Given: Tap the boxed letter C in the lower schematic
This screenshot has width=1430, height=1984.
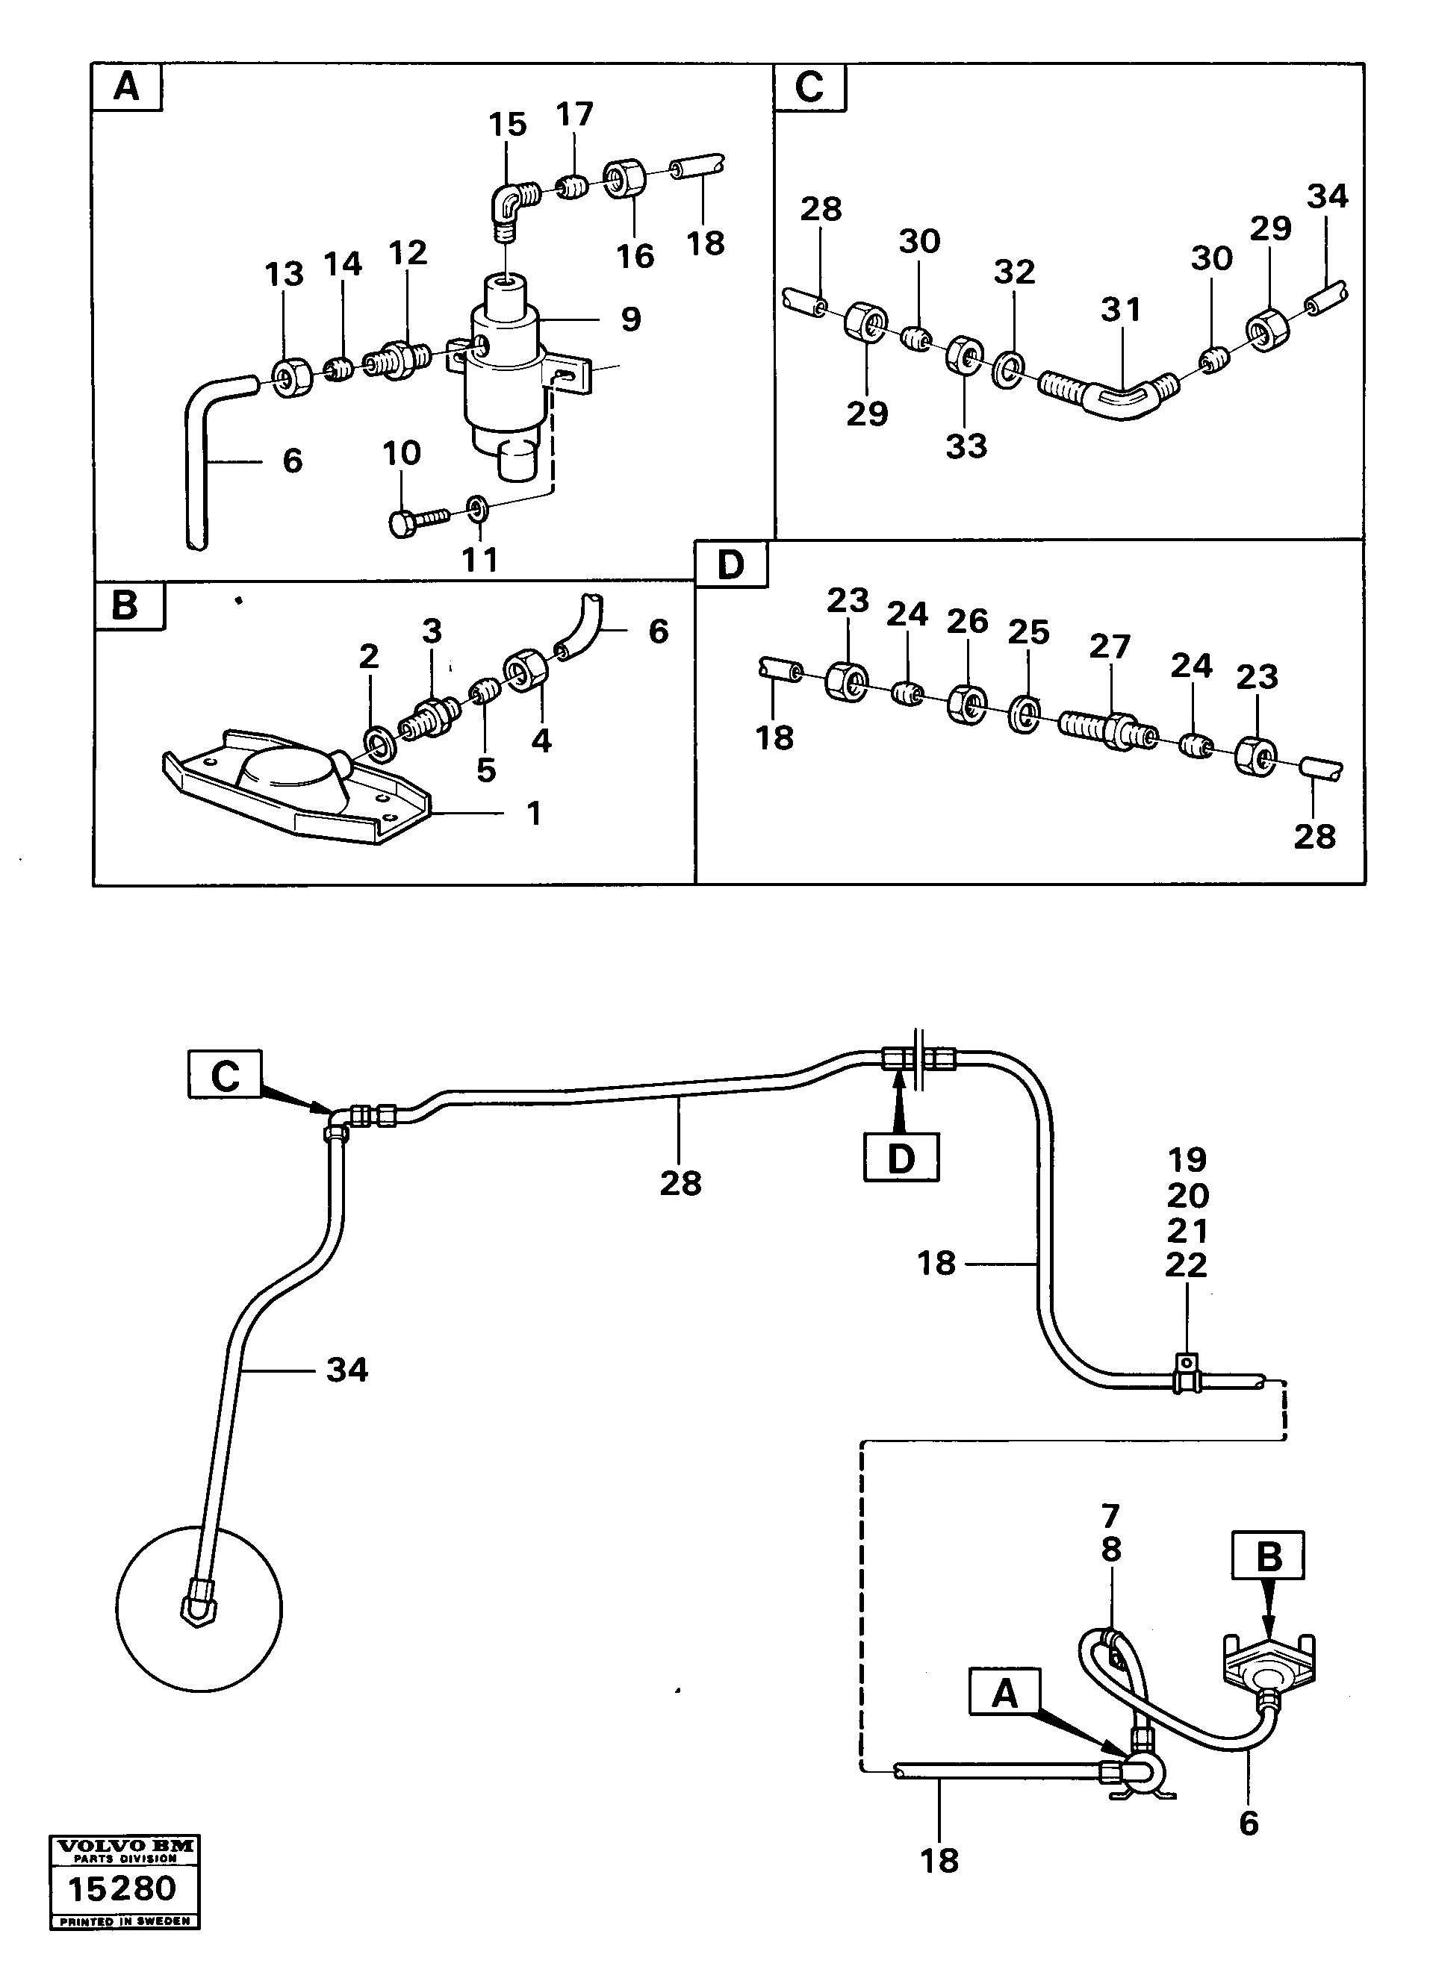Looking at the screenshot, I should click(x=225, y=1074).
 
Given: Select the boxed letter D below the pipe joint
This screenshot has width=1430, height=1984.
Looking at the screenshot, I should click(x=901, y=1157).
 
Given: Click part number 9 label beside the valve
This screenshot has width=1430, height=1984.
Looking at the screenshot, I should click(x=630, y=319).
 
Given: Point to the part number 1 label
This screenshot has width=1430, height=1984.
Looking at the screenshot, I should click(x=534, y=813).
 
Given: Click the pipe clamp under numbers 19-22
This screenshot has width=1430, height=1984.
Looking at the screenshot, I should click(x=1185, y=1380).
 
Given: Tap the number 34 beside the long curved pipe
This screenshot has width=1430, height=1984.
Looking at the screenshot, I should click(x=346, y=1370).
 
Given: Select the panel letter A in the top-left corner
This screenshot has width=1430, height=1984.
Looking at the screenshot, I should click(x=127, y=87).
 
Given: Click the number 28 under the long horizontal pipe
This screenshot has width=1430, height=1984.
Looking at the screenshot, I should click(x=681, y=1182).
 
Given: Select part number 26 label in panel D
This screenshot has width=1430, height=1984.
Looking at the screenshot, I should click(x=967, y=620).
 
